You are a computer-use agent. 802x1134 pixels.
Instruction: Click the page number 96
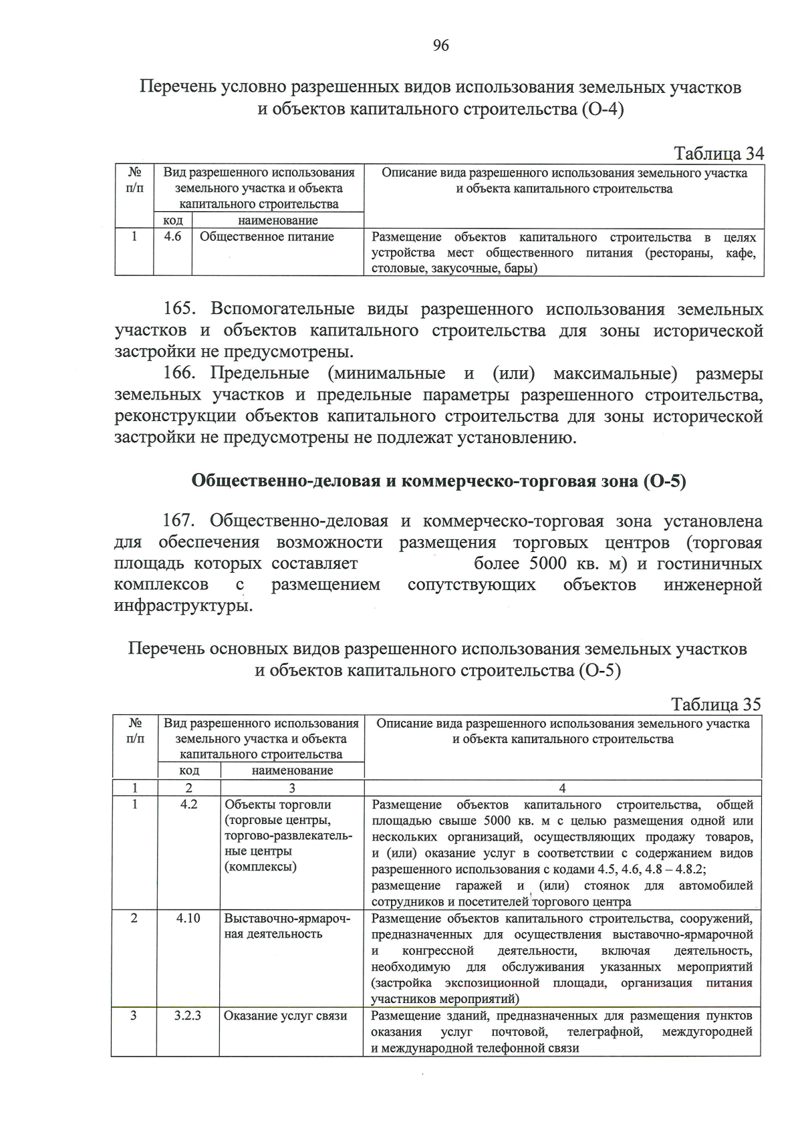[440, 45]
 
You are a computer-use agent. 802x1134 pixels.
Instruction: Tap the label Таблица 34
[719, 153]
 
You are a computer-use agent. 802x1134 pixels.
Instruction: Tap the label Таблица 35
[716, 704]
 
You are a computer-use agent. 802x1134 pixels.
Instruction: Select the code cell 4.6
[172, 237]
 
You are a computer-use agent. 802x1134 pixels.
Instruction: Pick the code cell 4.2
[189, 805]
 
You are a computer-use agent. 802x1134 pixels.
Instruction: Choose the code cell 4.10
[188, 918]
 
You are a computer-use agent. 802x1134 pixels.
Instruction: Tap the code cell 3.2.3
[188, 1016]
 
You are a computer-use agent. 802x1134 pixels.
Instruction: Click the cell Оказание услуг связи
[285, 1016]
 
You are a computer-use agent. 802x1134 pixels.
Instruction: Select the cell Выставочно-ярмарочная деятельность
[287, 926]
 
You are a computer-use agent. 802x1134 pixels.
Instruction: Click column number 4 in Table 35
[562, 788]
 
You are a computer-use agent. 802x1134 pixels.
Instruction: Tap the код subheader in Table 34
[173, 220]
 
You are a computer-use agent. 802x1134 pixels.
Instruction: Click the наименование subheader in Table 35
[292, 770]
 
